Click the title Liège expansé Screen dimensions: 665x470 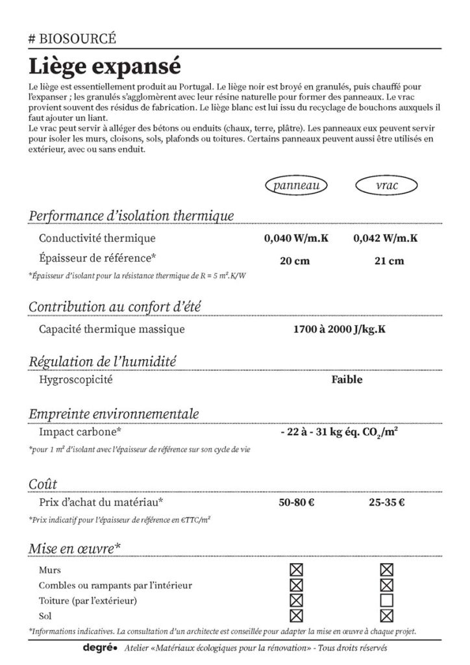105,67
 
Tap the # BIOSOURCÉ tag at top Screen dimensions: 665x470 72,38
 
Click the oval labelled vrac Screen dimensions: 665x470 387,186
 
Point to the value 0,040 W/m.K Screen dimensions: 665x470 297,238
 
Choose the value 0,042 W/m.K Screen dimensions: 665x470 386,238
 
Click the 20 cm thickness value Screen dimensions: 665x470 295,261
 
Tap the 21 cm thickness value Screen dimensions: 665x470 389,261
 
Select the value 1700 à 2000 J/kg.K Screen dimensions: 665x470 340,329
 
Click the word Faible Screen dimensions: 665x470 347,379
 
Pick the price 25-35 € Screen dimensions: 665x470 386,501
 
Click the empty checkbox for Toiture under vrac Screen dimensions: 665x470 387,600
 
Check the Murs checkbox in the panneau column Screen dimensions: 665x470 297,570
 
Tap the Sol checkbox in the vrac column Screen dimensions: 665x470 387,616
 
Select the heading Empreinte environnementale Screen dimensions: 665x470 114,414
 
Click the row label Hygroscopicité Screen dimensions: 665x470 75,380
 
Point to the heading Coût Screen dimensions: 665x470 43,484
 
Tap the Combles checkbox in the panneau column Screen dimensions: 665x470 297,585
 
